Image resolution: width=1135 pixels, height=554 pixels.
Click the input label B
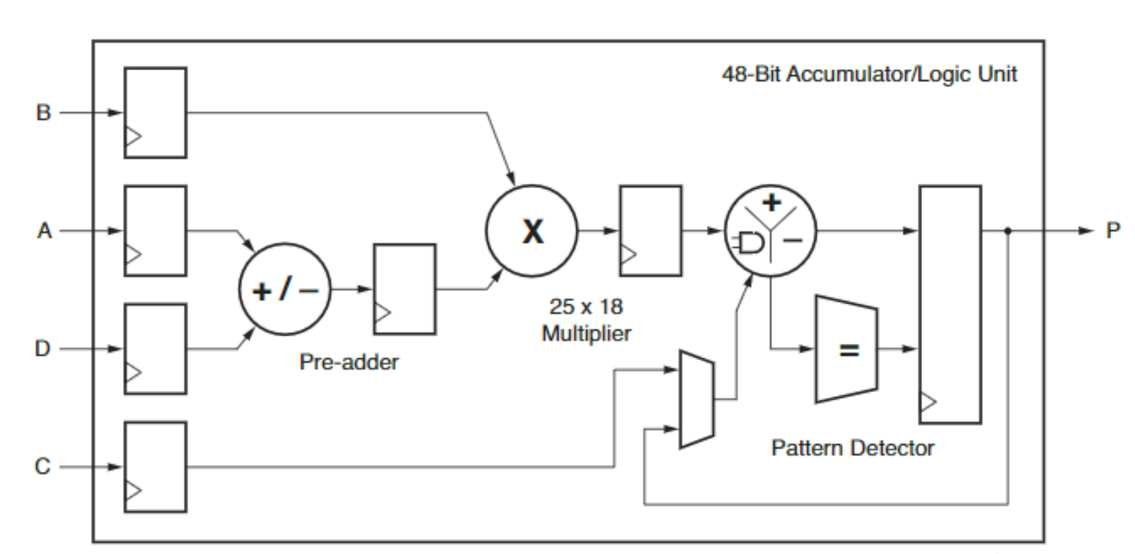click(43, 113)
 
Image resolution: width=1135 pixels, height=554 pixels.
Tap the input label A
click(44, 231)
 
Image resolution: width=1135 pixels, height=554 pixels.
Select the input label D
click(42, 349)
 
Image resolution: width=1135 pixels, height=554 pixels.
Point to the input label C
click(42, 466)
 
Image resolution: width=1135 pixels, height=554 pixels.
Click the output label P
click(1113, 230)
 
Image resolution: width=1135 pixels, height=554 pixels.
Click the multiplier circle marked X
click(531, 231)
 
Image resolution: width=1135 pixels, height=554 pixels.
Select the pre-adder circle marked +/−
click(285, 289)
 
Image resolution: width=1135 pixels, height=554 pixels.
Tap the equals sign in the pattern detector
click(849, 350)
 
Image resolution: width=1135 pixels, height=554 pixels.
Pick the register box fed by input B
click(155, 113)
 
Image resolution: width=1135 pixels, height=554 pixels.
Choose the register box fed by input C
click(155, 467)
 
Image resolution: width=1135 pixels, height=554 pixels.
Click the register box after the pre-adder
click(405, 289)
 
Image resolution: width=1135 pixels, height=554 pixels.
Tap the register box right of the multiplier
click(650, 231)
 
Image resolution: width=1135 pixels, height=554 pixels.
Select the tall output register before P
click(950, 305)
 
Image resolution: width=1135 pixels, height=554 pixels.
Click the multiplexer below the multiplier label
click(696, 400)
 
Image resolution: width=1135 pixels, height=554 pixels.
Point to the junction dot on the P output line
click(1007, 231)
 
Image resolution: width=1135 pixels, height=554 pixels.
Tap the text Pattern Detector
click(852, 448)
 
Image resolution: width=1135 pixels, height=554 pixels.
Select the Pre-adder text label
click(348, 362)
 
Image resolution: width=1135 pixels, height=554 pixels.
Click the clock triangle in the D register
click(133, 372)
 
